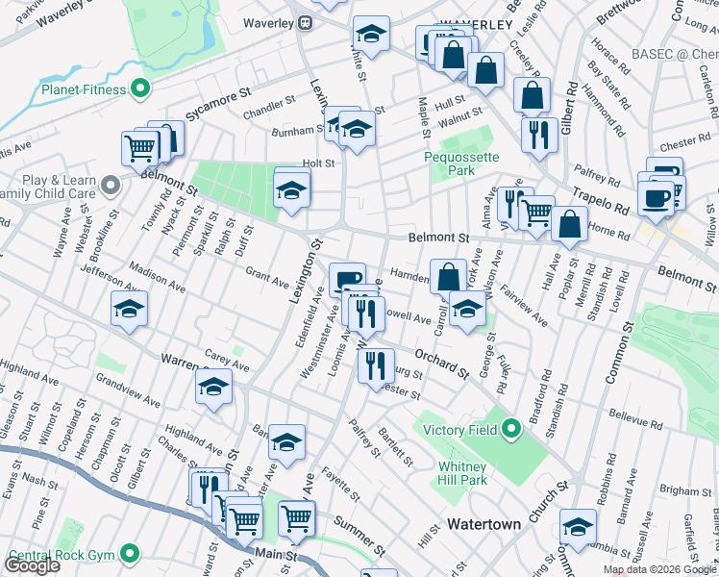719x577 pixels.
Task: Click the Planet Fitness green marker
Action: [140, 90]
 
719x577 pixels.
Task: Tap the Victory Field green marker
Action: [511, 428]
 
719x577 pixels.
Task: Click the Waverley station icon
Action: [305, 21]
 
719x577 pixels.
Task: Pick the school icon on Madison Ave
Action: [129, 308]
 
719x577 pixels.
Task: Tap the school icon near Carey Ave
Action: [213, 387]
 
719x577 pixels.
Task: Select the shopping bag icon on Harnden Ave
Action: [448, 276]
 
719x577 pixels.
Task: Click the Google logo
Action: [32, 565]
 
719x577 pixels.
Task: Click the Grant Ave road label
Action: [267, 278]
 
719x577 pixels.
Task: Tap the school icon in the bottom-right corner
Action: [578, 526]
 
